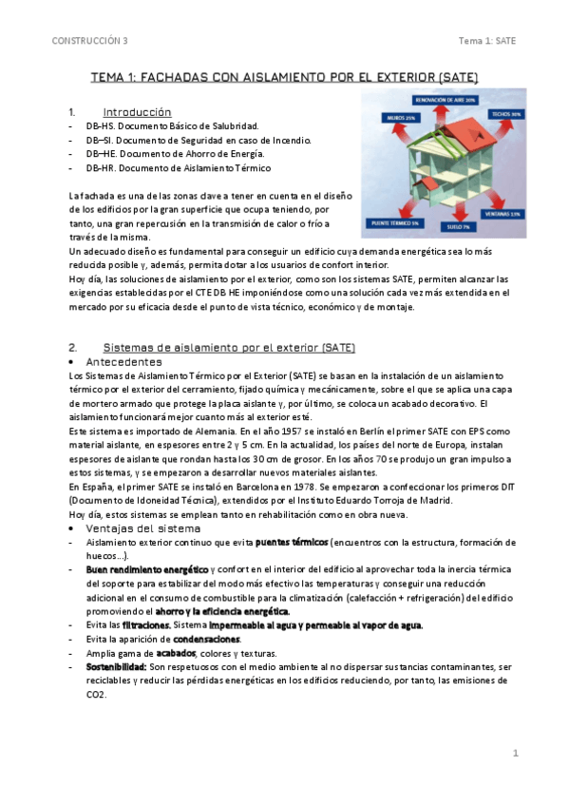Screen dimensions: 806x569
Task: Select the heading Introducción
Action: coord(137,111)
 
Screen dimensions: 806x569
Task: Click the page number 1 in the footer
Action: coord(515,753)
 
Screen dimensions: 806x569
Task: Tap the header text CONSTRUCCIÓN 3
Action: coord(90,41)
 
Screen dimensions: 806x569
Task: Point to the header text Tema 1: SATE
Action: coord(486,41)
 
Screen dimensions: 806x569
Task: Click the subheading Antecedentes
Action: coord(123,362)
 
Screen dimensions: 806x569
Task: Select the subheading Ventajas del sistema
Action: coord(143,528)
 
